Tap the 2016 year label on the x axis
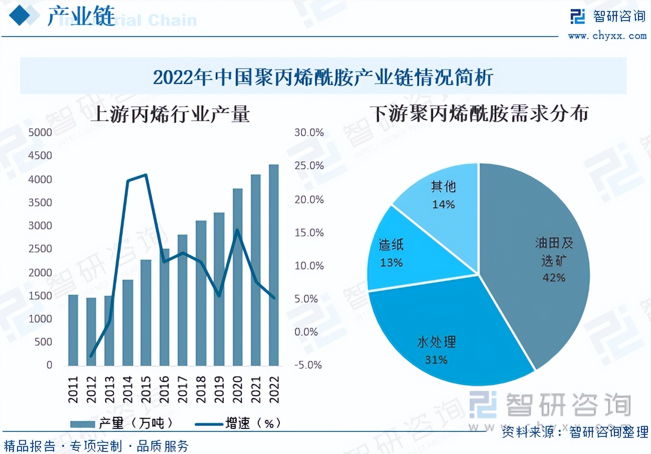click(165, 388)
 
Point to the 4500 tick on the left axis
click(41, 156)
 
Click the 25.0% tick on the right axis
click(309, 166)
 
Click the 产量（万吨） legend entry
click(123, 423)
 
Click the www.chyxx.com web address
click(607, 36)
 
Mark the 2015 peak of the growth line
click(146, 175)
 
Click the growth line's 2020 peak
click(237, 231)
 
